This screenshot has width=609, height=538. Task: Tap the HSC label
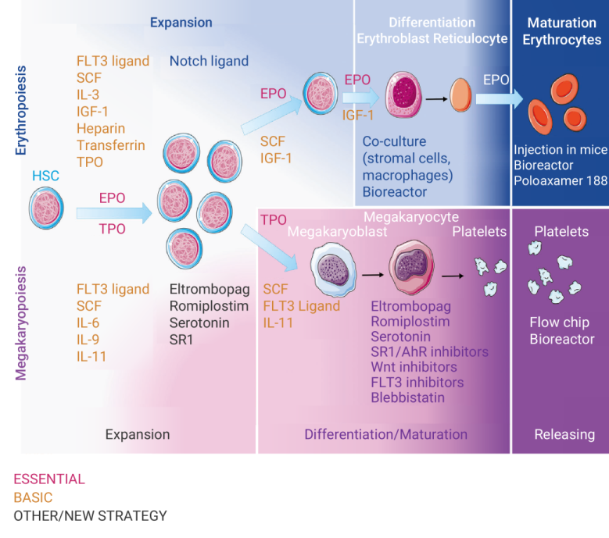click(x=45, y=177)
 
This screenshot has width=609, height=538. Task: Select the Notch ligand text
click(x=209, y=61)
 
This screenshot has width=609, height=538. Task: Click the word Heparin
click(x=101, y=128)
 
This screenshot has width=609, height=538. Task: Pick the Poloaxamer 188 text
click(x=560, y=182)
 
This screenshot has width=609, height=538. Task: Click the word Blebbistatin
click(x=408, y=397)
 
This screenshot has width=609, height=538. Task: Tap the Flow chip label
click(x=560, y=322)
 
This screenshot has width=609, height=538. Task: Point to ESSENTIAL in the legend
click(x=49, y=479)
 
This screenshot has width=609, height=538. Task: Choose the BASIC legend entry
click(x=33, y=497)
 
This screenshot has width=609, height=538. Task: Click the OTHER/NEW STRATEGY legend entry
click(x=91, y=515)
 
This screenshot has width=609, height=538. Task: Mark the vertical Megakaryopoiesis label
click(x=21, y=323)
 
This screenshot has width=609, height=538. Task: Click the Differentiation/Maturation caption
click(x=386, y=434)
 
